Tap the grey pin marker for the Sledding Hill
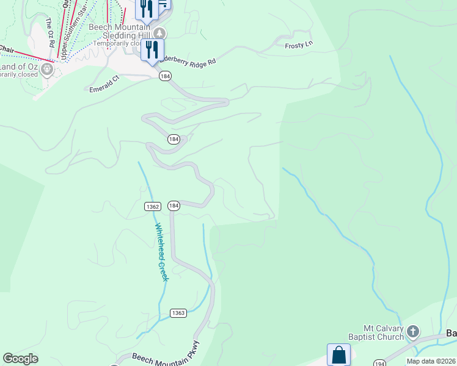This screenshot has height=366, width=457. pyautogui.click(x=159, y=32)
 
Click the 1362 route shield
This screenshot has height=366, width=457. pyautogui.click(x=153, y=207)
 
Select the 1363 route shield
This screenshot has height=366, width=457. pyautogui.click(x=178, y=313)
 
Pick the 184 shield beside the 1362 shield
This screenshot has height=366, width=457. pyautogui.click(x=174, y=206)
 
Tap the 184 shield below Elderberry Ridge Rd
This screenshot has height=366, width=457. pyautogui.click(x=165, y=76)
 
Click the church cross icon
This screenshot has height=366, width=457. pyautogui.click(x=413, y=332)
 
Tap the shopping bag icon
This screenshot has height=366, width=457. pyautogui.click(x=338, y=354)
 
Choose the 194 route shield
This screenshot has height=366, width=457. pyautogui.click(x=379, y=362)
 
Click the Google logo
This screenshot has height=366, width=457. pyautogui.click(x=21, y=359)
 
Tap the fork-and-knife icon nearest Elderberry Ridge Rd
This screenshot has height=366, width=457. pyautogui.click(x=152, y=49)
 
